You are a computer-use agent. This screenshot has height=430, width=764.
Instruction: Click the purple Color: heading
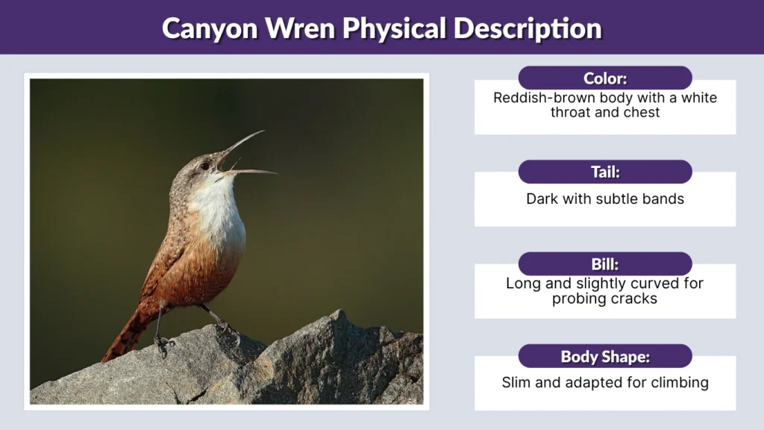605,78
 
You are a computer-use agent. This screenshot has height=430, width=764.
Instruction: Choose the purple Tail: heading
605,172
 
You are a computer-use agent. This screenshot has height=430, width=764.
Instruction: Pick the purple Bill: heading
605,264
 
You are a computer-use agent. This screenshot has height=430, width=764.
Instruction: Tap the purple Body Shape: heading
605,357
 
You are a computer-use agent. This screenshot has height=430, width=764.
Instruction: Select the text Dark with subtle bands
605,199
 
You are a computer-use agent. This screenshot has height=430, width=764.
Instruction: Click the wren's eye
204,166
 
